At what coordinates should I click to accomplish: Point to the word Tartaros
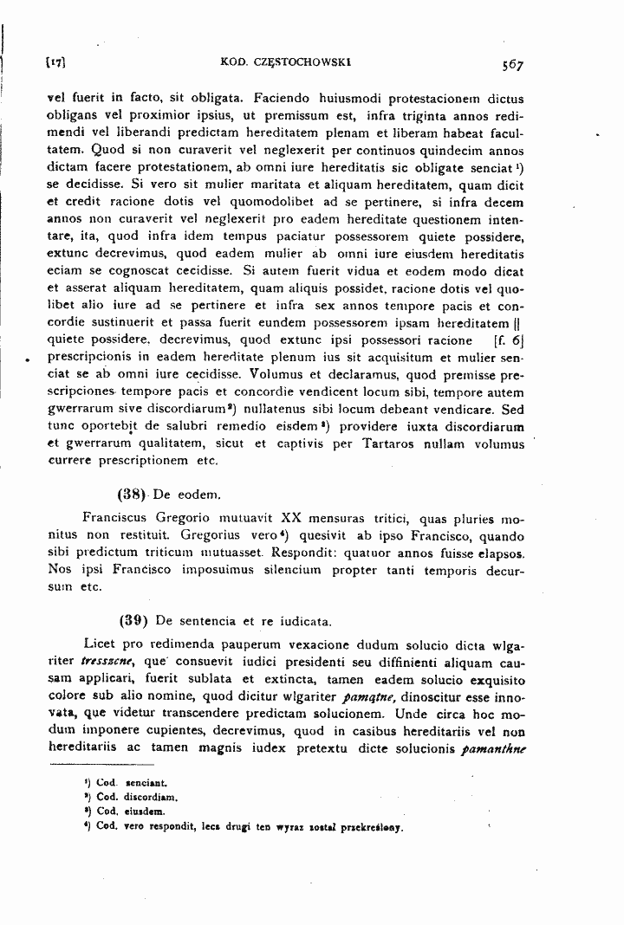coord(373,444)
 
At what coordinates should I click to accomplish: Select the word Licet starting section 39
coord(101,644)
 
